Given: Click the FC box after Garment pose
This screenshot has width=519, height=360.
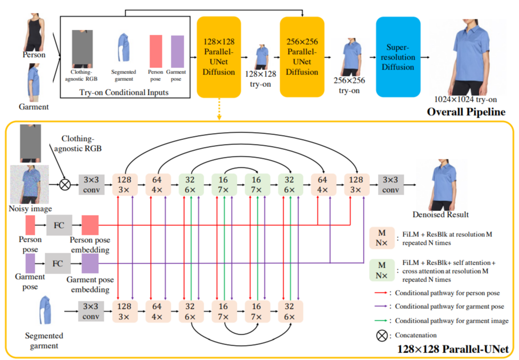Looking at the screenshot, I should [58, 263].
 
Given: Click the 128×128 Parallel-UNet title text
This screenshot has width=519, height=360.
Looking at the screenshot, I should [452, 350].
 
